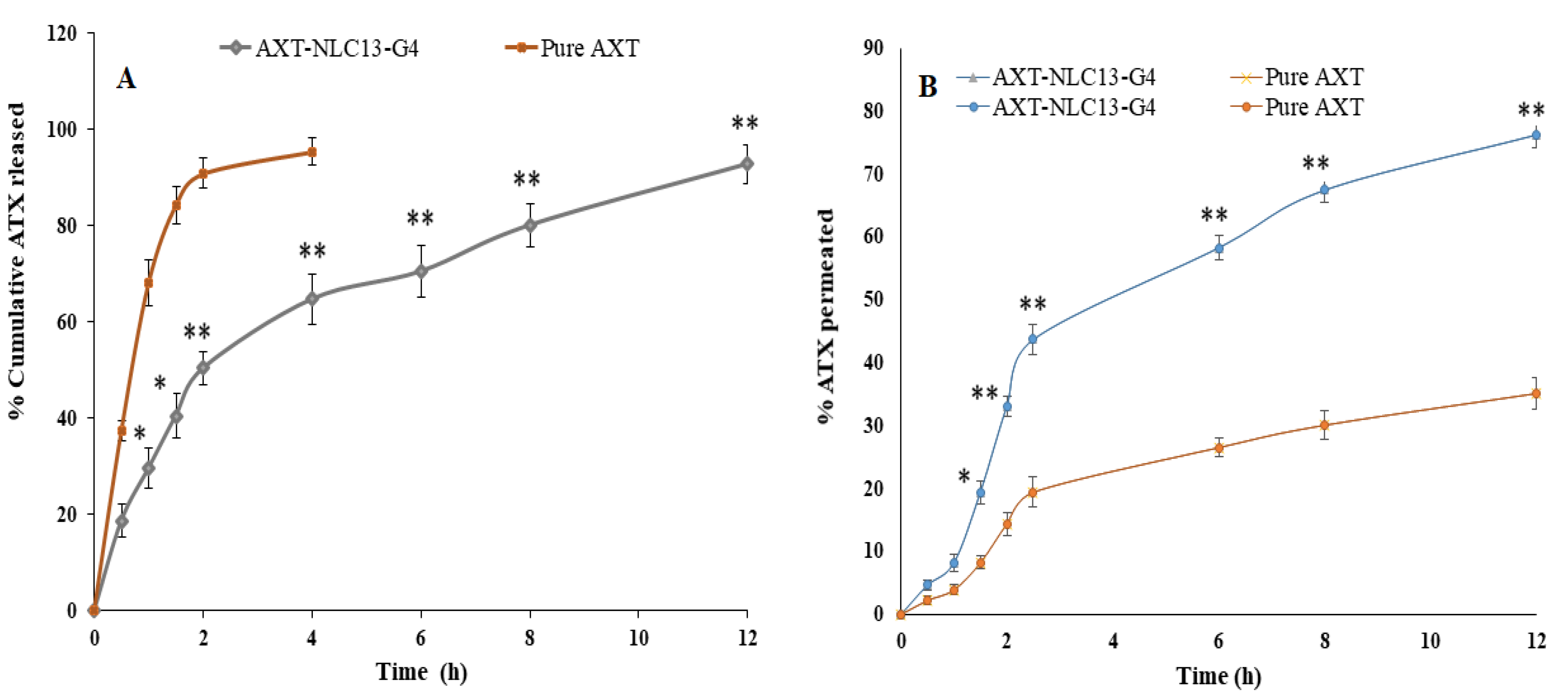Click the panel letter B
[927, 86]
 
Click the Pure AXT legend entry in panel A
[573, 48]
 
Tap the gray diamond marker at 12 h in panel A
[746, 164]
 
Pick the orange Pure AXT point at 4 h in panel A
[312, 152]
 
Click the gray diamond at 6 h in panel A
[421, 271]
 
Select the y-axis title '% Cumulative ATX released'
[17, 261]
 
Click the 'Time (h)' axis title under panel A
[421, 672]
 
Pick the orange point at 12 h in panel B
[1535, 393]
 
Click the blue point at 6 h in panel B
[1218, 248]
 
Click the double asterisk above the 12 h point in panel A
[745, 123]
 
